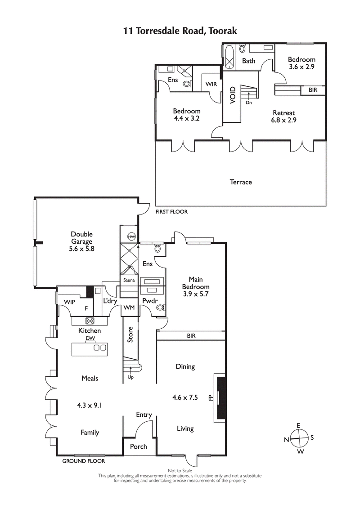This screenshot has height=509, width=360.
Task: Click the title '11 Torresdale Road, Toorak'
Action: pos(180,31)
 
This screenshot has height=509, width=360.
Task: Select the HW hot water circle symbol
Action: pos(131,237)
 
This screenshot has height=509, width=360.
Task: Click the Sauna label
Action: pos(129,280)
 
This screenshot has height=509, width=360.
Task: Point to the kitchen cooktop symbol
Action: pos(90,321)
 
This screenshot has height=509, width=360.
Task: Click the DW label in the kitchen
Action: pos(89,338)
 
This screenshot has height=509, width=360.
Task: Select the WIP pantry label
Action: pos(69,302)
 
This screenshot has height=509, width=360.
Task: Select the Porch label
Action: pos(138,446)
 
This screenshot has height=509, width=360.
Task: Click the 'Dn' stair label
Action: pos(248,102)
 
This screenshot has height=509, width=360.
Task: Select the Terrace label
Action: pos(241,182)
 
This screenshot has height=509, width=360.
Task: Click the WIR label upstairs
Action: pos(211,84)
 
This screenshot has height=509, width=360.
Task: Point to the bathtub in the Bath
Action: pos(229,57)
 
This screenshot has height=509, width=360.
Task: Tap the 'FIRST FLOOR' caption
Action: pos(171,211)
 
